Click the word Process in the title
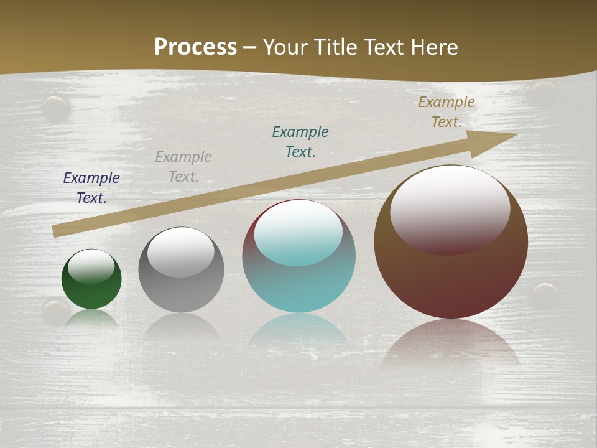point(195,47)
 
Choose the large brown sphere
point(451,280)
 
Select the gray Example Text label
point(183,167)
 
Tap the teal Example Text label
point(300,142)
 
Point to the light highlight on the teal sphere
point(298,232)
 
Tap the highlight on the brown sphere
point(450,208)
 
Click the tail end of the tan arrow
point(57,231)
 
